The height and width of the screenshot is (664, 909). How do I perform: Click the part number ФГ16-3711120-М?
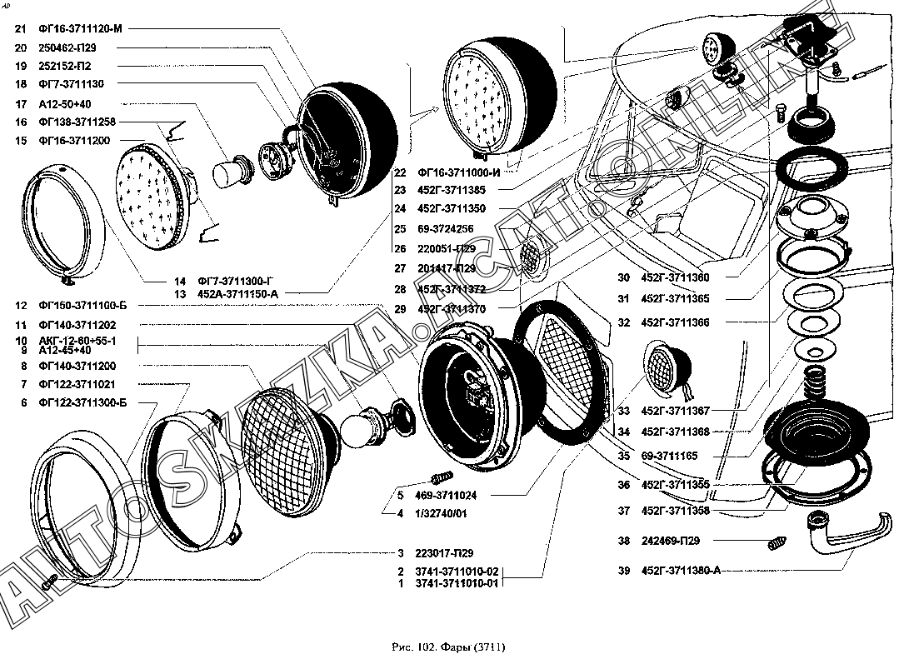80,28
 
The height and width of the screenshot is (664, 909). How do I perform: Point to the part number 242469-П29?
671,541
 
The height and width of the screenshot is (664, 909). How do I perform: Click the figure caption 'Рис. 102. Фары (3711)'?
448,647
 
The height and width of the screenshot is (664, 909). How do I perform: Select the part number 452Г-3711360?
676,278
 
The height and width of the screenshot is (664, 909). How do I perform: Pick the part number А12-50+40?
64,104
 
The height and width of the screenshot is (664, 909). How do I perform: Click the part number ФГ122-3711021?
77,384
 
